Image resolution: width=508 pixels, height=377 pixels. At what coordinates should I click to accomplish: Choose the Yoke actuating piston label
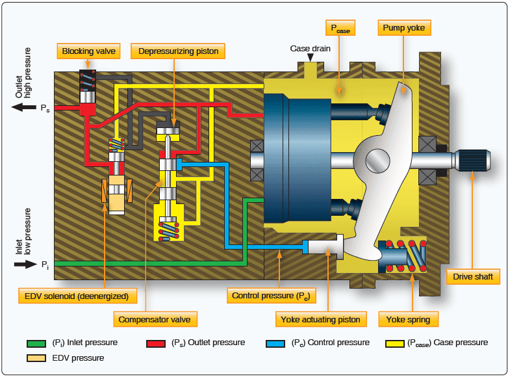(320, 319)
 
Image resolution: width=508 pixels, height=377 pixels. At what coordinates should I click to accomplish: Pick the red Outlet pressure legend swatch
(156, 343)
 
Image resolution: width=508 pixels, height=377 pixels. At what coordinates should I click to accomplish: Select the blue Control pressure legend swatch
(275, 343)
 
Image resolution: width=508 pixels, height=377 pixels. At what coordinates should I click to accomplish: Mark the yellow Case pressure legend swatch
(394, 343)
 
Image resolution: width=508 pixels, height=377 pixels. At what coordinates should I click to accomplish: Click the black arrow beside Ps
(25, 107)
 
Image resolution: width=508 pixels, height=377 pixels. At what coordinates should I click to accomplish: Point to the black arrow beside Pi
(25, 264)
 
